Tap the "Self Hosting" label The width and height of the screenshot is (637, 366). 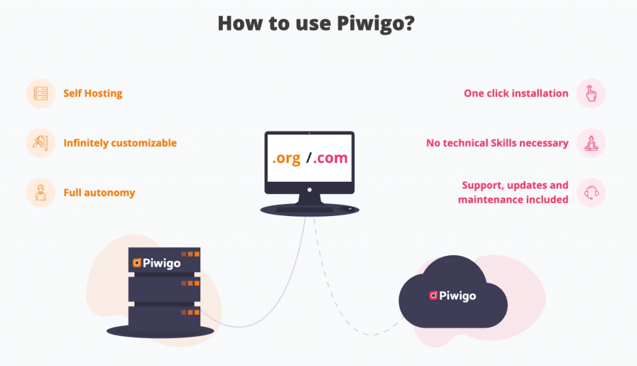(x=93, y=93)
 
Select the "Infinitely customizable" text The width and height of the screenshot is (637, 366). (x=120, y=143)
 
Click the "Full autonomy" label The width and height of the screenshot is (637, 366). (x=99, y=193)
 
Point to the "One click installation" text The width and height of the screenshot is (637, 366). (x=516, y=93)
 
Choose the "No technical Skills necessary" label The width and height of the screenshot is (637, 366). (x=497, y=143)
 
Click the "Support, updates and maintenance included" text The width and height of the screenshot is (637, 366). (x=514, y=192)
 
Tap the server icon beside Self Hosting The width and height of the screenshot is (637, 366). (x=41, y=93)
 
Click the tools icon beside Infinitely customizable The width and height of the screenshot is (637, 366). (x=41, y=143)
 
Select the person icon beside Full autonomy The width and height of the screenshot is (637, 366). (x=41, y=193)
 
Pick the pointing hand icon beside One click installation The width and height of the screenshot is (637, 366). (x=591, y=93)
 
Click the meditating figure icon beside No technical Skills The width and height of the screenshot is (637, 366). (x=591, y=143)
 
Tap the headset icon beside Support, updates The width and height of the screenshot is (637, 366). (x=591, y=193)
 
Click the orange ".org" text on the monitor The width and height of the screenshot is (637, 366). (x=287, y=158)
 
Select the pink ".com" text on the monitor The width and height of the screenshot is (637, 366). (x=330, y=158)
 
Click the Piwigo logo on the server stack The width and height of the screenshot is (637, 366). (x=157, y=263)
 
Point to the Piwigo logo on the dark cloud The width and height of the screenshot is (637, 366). (x=452, y=296)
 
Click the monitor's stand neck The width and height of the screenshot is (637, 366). (x=309, y=199)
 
